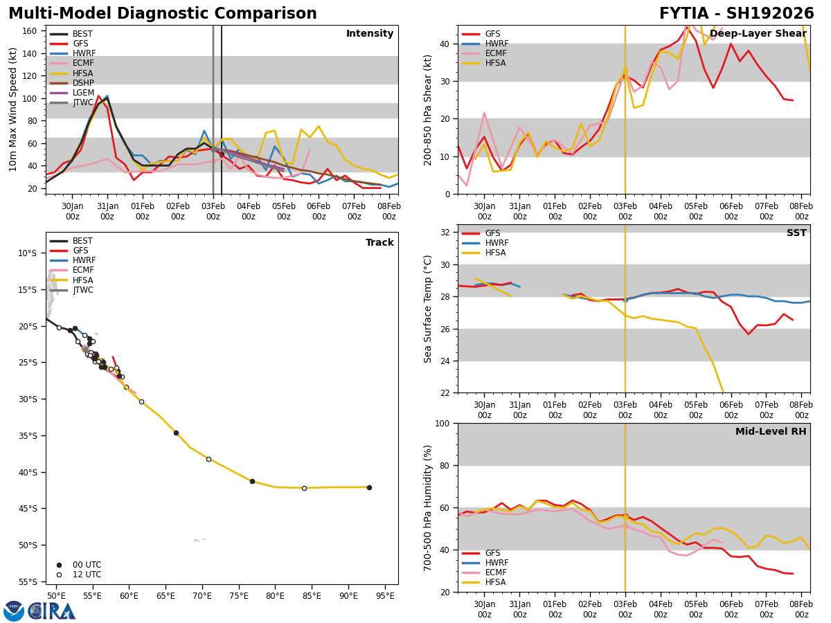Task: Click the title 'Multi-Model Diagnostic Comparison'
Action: click(163, 14)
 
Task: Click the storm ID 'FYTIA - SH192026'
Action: click(736, 14)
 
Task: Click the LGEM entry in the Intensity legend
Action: click(83, 93)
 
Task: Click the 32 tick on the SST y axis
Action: click(446, 233)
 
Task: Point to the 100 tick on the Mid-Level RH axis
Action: click(443, 424)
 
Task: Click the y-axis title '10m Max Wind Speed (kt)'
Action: click(13, 109)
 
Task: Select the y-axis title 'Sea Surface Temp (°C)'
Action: click(429, 309)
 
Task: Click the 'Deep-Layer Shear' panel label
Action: click(769, 34)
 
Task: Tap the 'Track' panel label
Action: click(379, 243)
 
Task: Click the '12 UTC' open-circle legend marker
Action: click(59, 575)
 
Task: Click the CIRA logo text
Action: click(52, 611)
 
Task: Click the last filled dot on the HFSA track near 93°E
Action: click(369, 487)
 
